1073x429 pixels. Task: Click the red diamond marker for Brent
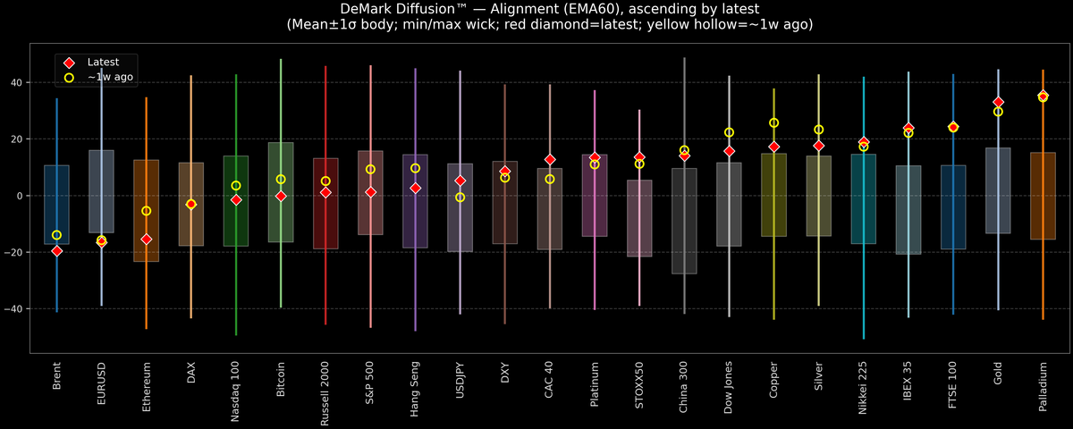(56, 251)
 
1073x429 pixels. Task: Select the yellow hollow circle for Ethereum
(146, 211)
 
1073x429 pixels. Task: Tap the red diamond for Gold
(998, 102)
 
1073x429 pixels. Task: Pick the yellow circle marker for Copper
(773, 122)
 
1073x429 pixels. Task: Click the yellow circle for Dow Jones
(729, 132)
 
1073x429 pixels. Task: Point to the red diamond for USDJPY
(460, 181)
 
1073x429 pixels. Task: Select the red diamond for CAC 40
(549, 159)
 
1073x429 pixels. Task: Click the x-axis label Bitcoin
(281, 380)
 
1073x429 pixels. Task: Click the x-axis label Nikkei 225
(863, 386)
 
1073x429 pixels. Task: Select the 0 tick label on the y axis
(22, 196)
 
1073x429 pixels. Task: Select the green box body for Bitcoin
(281, 192)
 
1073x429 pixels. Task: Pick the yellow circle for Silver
(818, 130)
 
